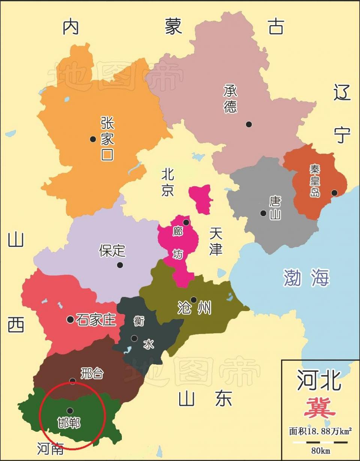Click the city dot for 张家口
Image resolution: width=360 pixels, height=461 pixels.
[93, 139]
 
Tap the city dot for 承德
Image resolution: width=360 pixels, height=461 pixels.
[249, 124]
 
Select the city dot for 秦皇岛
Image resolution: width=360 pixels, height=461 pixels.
[334, 193]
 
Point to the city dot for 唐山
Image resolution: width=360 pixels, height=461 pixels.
[263, 213]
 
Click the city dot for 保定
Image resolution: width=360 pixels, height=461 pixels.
[120, 265]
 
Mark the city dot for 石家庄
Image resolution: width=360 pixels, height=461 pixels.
[70, 319]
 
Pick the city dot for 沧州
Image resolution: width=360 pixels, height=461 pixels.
[193, 300]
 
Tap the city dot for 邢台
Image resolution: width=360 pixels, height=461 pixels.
[73, 381]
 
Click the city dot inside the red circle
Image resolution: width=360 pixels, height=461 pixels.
[70, 411]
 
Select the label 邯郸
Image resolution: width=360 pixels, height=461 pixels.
[69, 423]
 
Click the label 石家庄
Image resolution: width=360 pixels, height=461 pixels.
[96, 320]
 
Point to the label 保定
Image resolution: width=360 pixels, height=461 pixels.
[112, 251]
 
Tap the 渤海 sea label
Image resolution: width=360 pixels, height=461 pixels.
[306, 278]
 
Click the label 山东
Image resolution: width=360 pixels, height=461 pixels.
[205, 398]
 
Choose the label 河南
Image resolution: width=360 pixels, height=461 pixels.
[50, 448]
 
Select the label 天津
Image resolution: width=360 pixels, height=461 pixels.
[216, 242]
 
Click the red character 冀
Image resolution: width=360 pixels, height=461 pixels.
[319, 408]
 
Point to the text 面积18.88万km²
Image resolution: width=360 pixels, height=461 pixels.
[320, 431]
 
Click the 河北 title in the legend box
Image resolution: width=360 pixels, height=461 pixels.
[319, 380]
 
